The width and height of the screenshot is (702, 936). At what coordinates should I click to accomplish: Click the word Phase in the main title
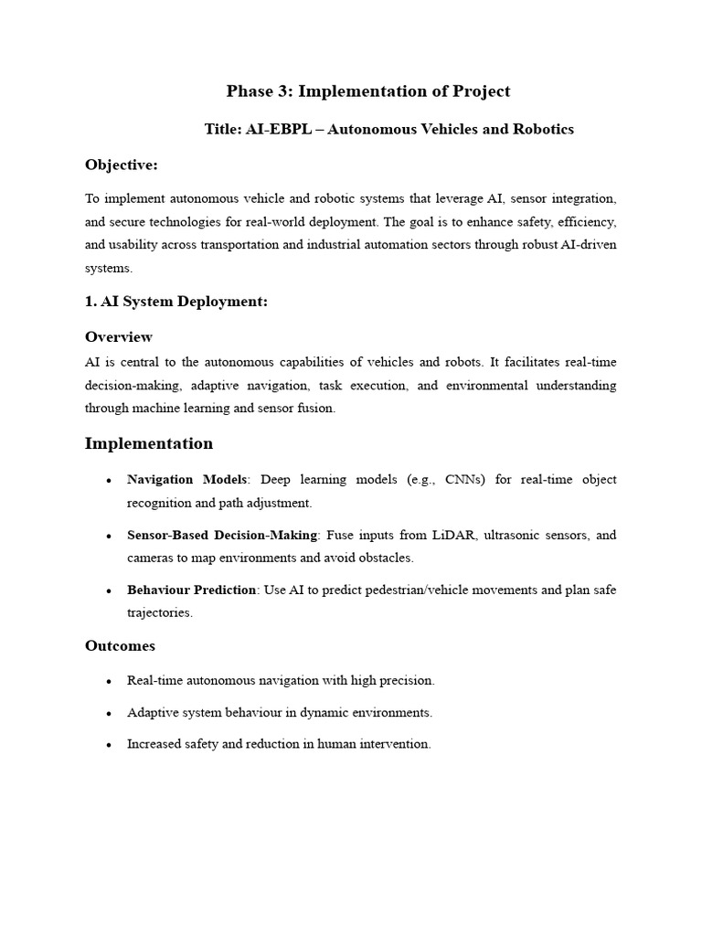[x=250, y=91]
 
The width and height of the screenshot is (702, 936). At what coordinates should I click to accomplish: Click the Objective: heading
[x=121, y=165]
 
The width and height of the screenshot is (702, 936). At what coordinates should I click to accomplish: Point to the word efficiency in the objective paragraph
[x=587, y=222]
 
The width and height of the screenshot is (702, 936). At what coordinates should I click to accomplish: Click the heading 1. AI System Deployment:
[x=175, y=302]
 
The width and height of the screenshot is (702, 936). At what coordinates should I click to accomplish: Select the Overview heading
[x=119, y=337]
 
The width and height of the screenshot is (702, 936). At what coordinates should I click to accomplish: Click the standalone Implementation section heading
[x=149, y=444]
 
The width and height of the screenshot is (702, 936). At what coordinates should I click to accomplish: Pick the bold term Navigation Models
[x=186, y=480]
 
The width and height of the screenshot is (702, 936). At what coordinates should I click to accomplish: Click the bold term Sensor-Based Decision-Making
[x=222, y=535]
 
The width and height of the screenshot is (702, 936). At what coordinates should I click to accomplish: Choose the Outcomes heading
[x=120, y=646]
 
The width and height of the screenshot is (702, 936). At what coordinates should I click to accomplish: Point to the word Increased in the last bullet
[x=154, y=744]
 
